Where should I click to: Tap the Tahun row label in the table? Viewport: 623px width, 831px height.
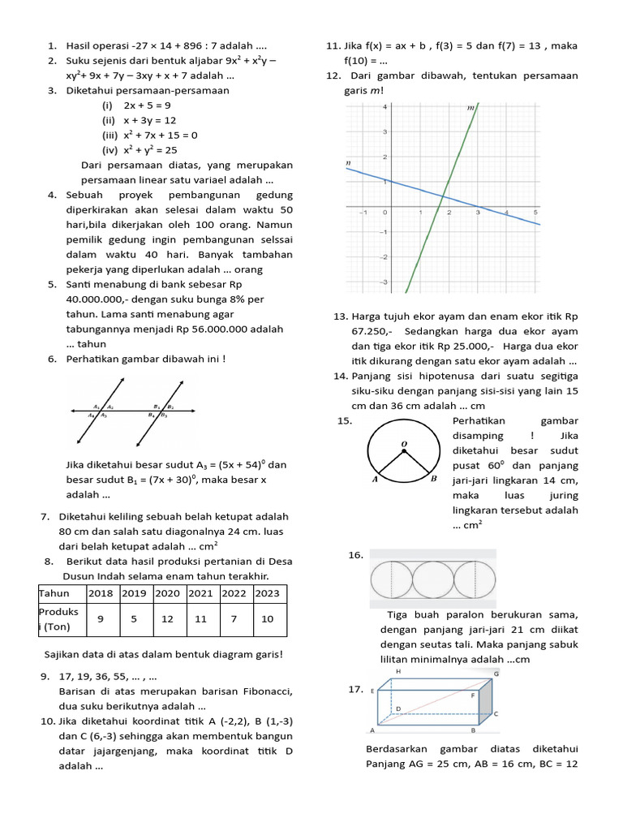[54, 593]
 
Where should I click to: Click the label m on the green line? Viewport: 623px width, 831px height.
[470, 107]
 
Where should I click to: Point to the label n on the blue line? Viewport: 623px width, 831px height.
[348, 163]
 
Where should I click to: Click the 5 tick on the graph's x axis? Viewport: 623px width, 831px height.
[535, 212]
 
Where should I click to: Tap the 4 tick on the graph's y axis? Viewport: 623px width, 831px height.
[384, 106]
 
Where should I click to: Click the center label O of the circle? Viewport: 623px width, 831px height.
[404, 443]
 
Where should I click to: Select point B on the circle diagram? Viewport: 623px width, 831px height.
[434, 480]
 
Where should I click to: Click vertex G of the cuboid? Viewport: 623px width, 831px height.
[495, 674]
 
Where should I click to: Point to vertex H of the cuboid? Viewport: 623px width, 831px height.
[397, 673]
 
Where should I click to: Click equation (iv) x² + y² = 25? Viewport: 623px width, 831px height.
[140, 150]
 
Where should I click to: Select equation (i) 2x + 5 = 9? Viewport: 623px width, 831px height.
[136, 105]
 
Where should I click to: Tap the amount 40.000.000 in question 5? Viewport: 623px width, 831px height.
[93, 299]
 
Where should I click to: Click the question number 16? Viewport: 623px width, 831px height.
[354, 555]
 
